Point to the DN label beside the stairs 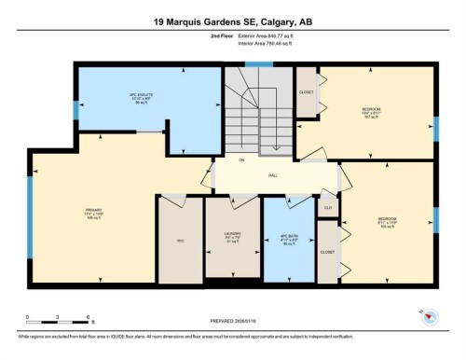coord(240,160)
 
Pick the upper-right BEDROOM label coord(370,112)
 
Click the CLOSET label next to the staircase coord(307,92)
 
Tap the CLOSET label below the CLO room coord(327,252)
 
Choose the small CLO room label coord(328,207)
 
